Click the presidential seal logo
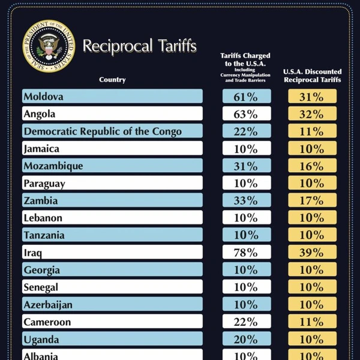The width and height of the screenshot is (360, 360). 49,47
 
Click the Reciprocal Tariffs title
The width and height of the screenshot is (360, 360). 139,46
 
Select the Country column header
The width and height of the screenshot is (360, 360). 112,80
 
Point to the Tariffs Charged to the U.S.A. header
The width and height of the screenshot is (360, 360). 247,66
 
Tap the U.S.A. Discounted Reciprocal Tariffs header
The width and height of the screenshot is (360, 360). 312,76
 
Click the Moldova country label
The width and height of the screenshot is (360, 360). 43,96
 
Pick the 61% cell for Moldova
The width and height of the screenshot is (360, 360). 247,96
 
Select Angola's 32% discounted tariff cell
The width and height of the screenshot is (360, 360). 312,113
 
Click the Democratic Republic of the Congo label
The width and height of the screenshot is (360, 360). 102,131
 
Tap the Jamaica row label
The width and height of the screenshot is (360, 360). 41,149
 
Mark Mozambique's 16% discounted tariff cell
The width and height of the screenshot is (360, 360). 312,166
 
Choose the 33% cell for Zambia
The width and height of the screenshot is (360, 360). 247,201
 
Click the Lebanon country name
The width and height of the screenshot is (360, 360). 43,218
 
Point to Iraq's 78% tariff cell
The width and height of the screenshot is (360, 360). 247,253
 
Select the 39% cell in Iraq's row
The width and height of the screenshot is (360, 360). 312,253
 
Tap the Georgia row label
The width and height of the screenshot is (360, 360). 42,270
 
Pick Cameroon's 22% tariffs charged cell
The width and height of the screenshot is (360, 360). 247,322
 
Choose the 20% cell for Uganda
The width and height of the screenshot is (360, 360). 247,340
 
